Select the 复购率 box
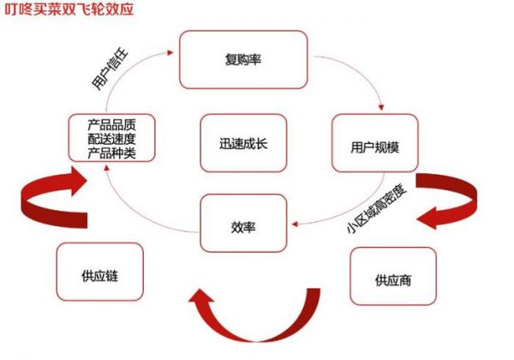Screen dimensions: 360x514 coord(242,59)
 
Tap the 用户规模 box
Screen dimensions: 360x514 coord(375,144)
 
